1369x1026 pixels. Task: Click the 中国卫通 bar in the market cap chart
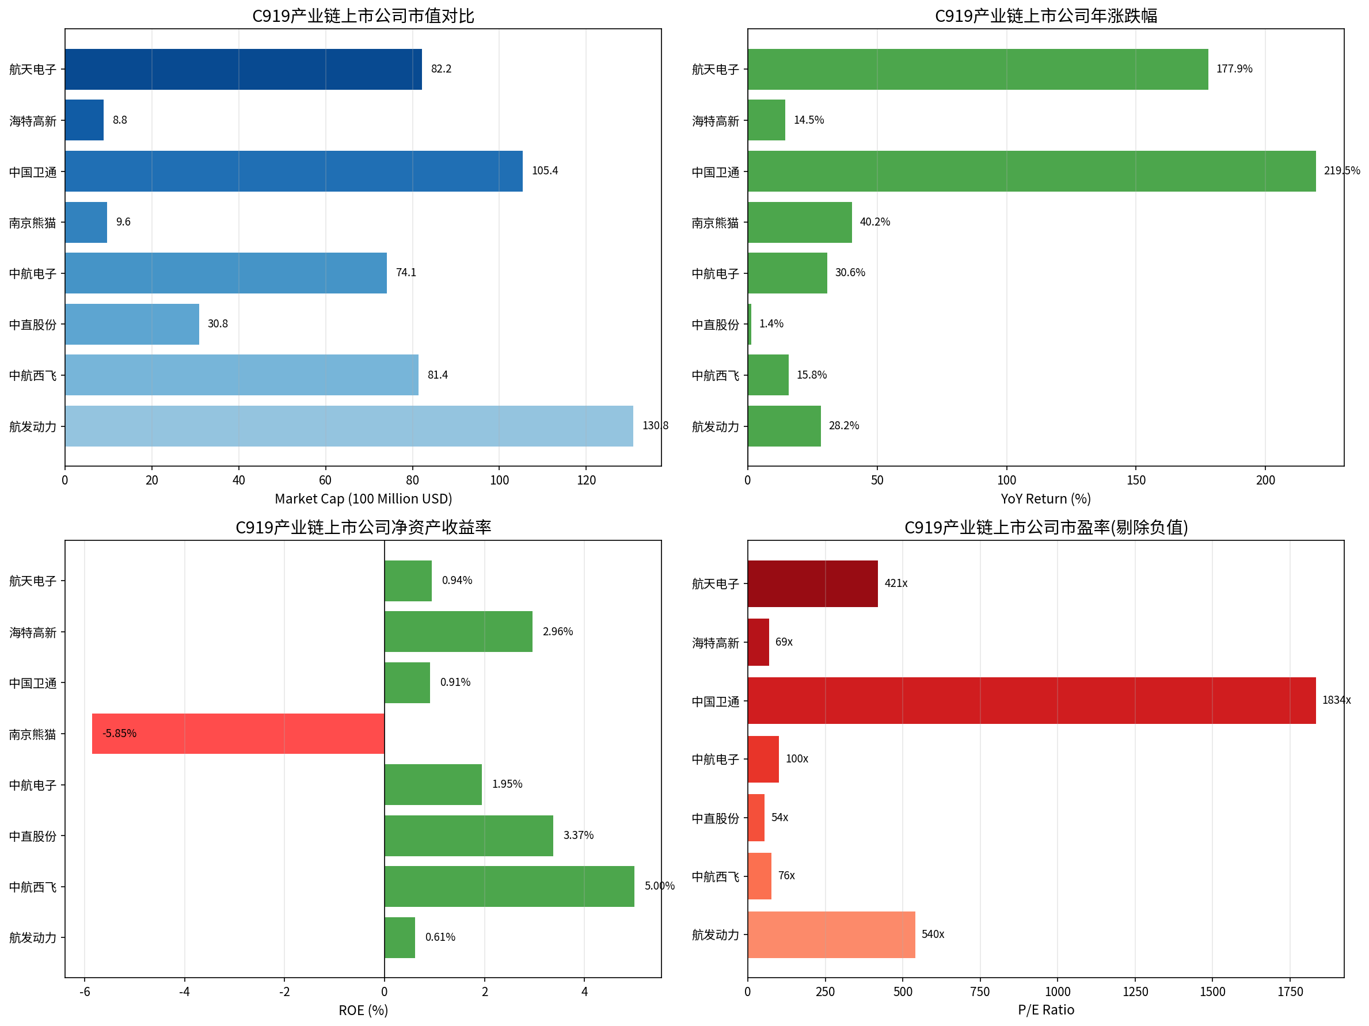coord(294,171)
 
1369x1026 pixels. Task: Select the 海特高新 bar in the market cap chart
coord(84,120)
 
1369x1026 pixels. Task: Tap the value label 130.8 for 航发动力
coord(655,425)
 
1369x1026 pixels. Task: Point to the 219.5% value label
coord(1341,171)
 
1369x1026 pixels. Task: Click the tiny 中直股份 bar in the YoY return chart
coord(750,324)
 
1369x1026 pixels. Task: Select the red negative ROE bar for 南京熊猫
coord(238,734)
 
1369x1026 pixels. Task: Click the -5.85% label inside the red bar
coord(119,734)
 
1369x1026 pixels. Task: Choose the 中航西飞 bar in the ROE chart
coord(509,886)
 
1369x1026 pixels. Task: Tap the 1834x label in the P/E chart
coord(1336,700)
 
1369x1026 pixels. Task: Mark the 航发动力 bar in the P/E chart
coord(831,935)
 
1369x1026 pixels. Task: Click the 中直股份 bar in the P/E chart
coord(756,818)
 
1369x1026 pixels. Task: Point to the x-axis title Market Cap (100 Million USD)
coord(363,499)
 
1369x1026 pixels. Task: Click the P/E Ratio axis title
coord(1046,1010)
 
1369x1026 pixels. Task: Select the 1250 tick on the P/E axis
coord(1135,992)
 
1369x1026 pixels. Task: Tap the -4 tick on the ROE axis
coord(184,992)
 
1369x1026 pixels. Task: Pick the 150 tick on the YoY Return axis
coord(1136,480)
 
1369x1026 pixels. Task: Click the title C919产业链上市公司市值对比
coord(363,16)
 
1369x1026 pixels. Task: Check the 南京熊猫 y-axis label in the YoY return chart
coord(715,223)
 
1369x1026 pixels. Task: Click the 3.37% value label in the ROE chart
coord(578,836)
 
